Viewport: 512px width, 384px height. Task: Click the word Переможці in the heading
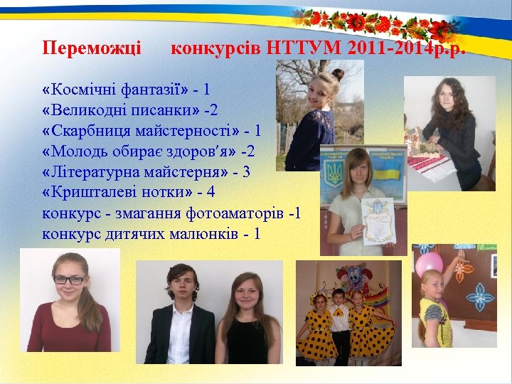pos(92,48)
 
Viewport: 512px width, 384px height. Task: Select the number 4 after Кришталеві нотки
pos(210,192)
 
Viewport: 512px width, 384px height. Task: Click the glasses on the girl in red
pos(69,279)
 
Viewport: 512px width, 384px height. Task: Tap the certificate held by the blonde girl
pos(376,221)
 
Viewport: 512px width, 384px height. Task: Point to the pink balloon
pos(429,262)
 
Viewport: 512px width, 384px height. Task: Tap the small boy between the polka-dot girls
pos(340,312)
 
